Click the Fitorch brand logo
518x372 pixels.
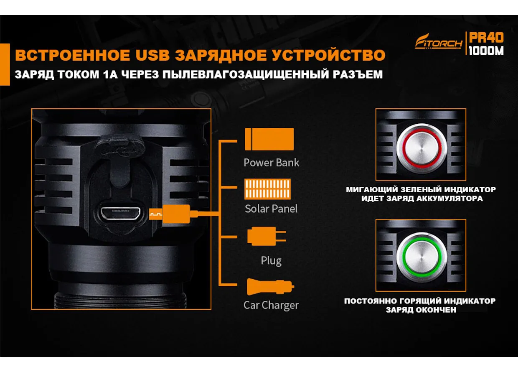pos(439,42)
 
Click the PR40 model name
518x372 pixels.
pos(486,38)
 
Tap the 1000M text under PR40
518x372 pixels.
pos(486,51)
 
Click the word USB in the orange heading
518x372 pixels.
pos(152,55)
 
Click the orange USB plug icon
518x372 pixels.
pos(173,214)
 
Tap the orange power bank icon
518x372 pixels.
pos(269,139)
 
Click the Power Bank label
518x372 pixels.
pos(271,163)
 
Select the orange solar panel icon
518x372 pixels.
pos(267,189)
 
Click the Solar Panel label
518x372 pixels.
pos(271,209)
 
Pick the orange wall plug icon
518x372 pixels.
pos(267,236)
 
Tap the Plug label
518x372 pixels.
pos(271,261)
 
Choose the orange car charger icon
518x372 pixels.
pos(270,287)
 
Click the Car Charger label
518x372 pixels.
pos(271,306)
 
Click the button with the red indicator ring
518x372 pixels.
pos(421,148)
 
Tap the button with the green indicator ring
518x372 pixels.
pos(421,257)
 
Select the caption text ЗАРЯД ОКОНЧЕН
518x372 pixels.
pos(421,310)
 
